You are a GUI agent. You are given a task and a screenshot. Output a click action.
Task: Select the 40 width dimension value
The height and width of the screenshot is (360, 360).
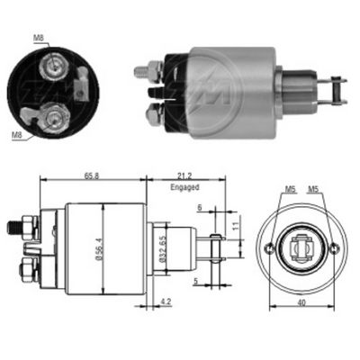301,301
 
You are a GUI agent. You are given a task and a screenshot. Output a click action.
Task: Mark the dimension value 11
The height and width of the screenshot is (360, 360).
235,229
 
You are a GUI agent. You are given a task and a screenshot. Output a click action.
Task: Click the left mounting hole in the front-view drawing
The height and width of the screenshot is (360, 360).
267,247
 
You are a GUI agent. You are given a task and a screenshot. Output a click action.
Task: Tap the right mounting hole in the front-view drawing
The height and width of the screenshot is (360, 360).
334,247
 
